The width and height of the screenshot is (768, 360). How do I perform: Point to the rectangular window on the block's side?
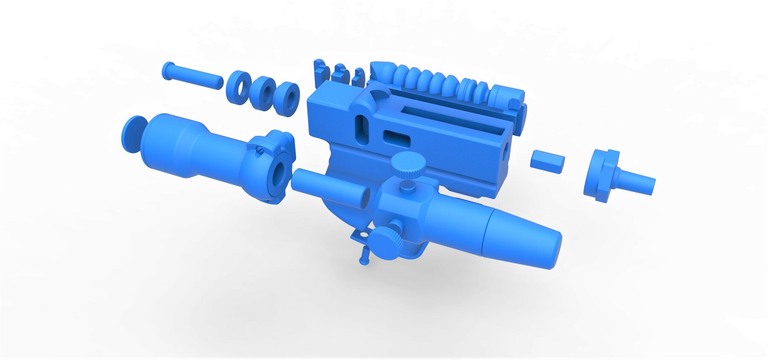pyautogui.click(x=396, y=137)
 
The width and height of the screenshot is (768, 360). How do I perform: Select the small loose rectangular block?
pyautogui.click(x=547, y=161)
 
